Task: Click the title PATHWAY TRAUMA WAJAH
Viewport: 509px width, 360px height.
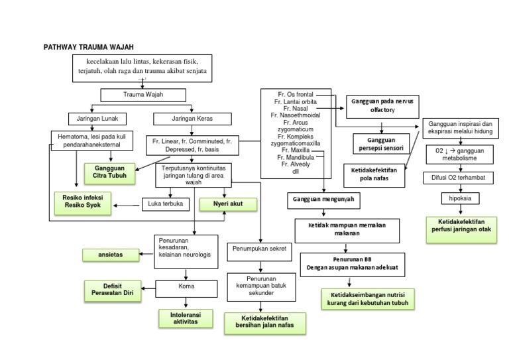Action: [x=88, y=48]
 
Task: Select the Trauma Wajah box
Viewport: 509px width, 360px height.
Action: [x=143, y=95]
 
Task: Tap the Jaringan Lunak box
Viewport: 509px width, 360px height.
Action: [x=93, y=119]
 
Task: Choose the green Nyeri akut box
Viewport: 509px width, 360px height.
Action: [x=229, y=204]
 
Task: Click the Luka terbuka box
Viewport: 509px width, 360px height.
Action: [x=166, y=204]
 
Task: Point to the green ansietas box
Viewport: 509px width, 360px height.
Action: [x=109, y=254]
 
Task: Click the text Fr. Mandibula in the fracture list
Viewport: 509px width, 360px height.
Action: [x=295, y=157]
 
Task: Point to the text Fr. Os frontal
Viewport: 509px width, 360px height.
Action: [x=295, y=94]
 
